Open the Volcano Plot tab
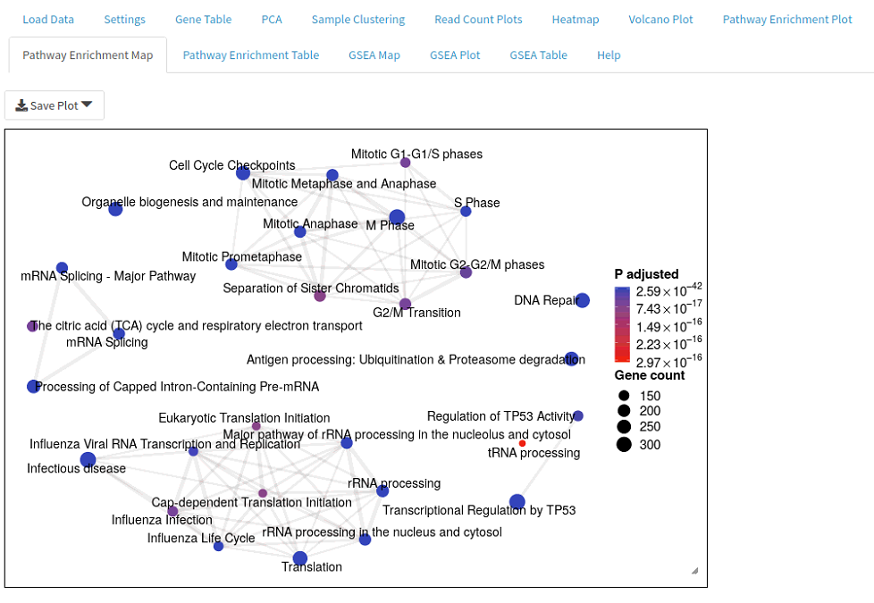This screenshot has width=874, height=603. click(x=660, y=20)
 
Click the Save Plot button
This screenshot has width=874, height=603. click(x=55, y=105)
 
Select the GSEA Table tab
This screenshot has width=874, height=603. click(x=538, y=55)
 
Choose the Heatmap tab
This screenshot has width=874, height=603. click(x=576, y=20)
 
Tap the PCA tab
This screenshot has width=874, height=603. click(x=272, y=20)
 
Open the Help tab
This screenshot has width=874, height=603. click(x=609, y=55)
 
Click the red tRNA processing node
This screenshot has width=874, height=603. click(x=522, y=444)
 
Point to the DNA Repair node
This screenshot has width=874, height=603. click(x=583, y=300)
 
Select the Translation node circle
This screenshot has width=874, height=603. click(x=300, y=557)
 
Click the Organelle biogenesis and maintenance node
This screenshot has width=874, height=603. click(x=115, y=209)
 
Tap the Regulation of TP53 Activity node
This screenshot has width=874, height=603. click(x=578, y=415)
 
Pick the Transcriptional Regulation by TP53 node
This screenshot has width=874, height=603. click(x=517, y=501)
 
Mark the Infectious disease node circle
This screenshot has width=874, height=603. click(x=88, y=460)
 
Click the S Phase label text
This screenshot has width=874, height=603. click(x=476, y=203)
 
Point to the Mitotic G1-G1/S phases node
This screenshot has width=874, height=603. click(x=405, y=163)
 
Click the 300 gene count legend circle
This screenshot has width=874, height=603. click(x=624, y=444)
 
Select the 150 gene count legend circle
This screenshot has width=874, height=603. click(x=624, y=396)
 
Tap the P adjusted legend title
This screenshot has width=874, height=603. click(x=647, y=274)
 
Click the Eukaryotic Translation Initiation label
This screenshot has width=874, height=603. click(x=244, y=418)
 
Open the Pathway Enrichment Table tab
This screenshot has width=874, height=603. click(x=251, y=55)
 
